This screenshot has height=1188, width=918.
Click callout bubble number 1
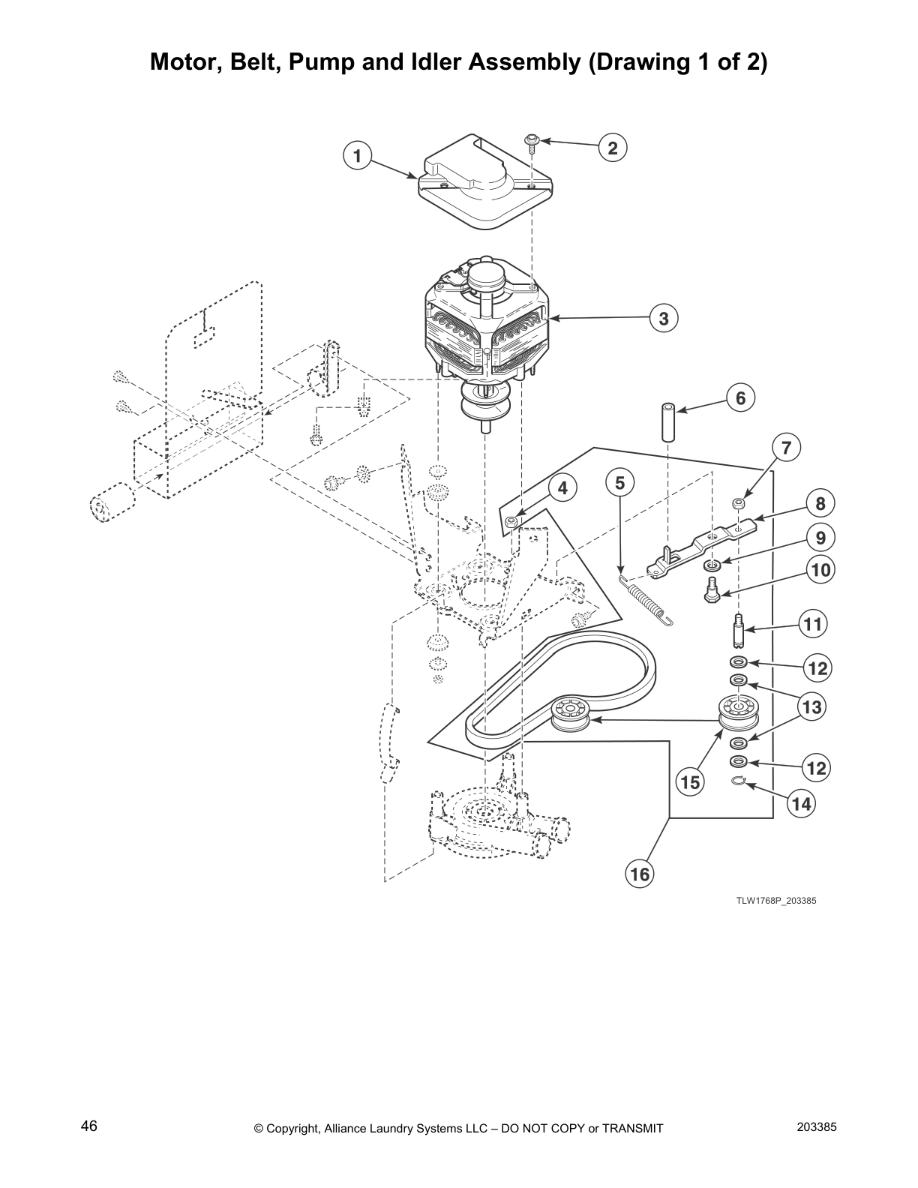358,156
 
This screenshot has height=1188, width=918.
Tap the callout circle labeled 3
664,319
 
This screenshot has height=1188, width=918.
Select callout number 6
740,398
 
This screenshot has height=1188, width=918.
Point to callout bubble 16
640,874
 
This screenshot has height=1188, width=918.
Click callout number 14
801,805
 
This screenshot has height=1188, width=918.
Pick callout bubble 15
689,783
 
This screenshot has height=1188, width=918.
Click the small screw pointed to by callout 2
532,142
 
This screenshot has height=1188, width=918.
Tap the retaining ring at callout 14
738,782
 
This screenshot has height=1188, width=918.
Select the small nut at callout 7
739,502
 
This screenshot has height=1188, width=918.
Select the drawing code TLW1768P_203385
775,901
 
